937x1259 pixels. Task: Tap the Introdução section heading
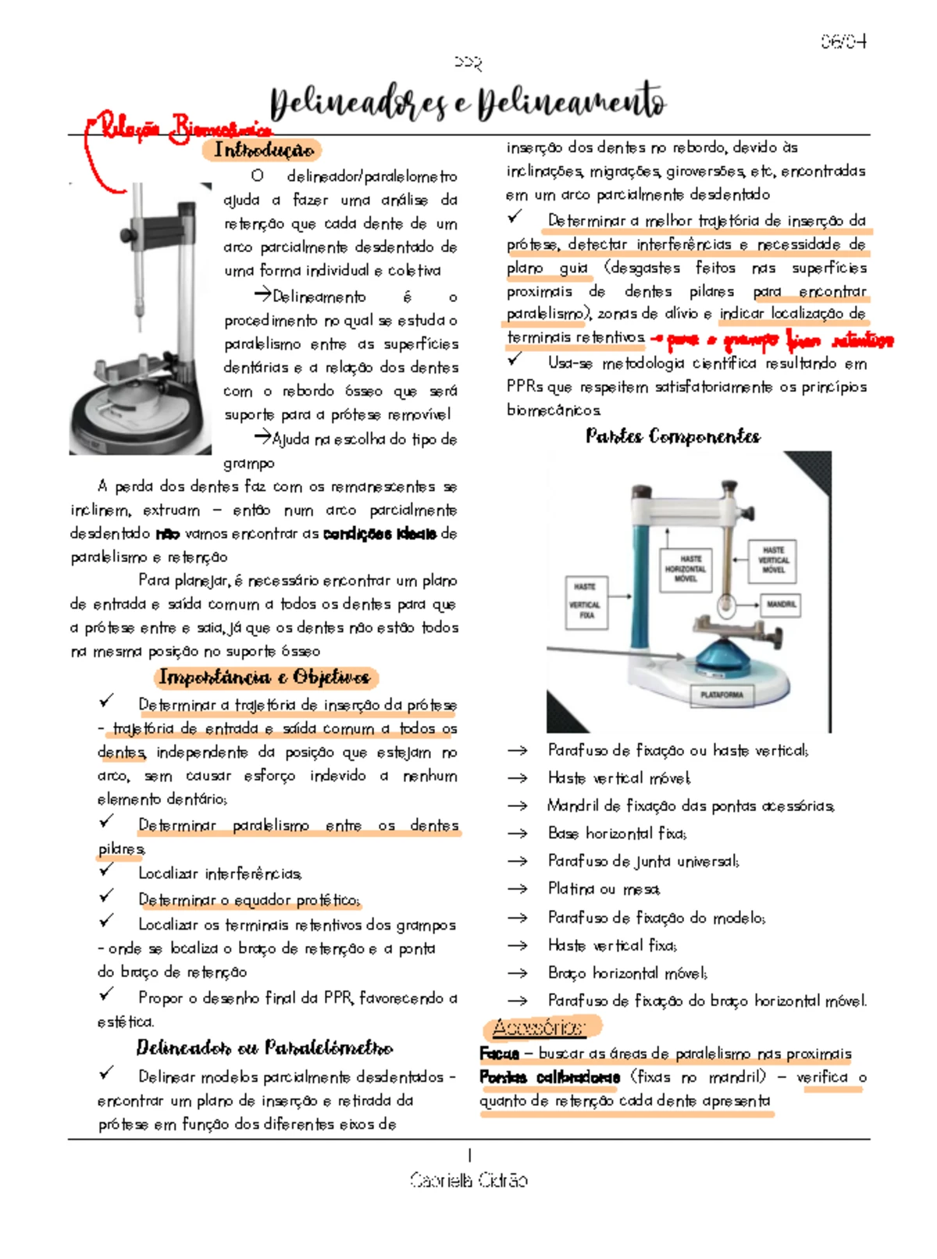point(263,149)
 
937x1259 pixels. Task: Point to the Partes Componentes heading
point(672,436)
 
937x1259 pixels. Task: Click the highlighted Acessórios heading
point(538,1026)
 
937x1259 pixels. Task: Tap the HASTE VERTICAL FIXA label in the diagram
point(586,600)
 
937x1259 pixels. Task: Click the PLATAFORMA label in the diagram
point(722,694)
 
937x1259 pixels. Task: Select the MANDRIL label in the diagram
point(780,603)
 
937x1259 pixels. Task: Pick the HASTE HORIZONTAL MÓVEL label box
point(686,568)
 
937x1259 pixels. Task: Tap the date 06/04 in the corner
point(843,41)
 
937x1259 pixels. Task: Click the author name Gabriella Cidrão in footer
point(468,1179)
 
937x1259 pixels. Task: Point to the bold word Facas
point(498,1054)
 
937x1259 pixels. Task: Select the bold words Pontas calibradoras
point(549,1077)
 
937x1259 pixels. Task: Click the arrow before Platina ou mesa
point(517,889)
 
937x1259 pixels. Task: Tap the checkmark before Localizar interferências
point(106,869)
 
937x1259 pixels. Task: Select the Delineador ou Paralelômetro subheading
point(264,1047)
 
